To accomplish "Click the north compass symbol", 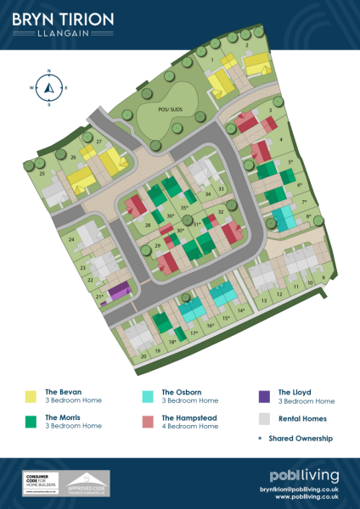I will click(49, 86).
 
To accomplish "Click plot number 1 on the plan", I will click(212, 60).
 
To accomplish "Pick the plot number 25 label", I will click(42, 173).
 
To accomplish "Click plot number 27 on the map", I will click(99, 141).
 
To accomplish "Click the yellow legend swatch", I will click(31, 396).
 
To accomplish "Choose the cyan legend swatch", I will click(149, 396).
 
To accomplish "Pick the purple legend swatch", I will click(263, 396).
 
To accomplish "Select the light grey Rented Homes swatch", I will click(263, 419).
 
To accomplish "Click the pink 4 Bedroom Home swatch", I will click(149, 419).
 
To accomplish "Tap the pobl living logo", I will click(304, 475).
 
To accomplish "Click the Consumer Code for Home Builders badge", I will click(39, 484).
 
